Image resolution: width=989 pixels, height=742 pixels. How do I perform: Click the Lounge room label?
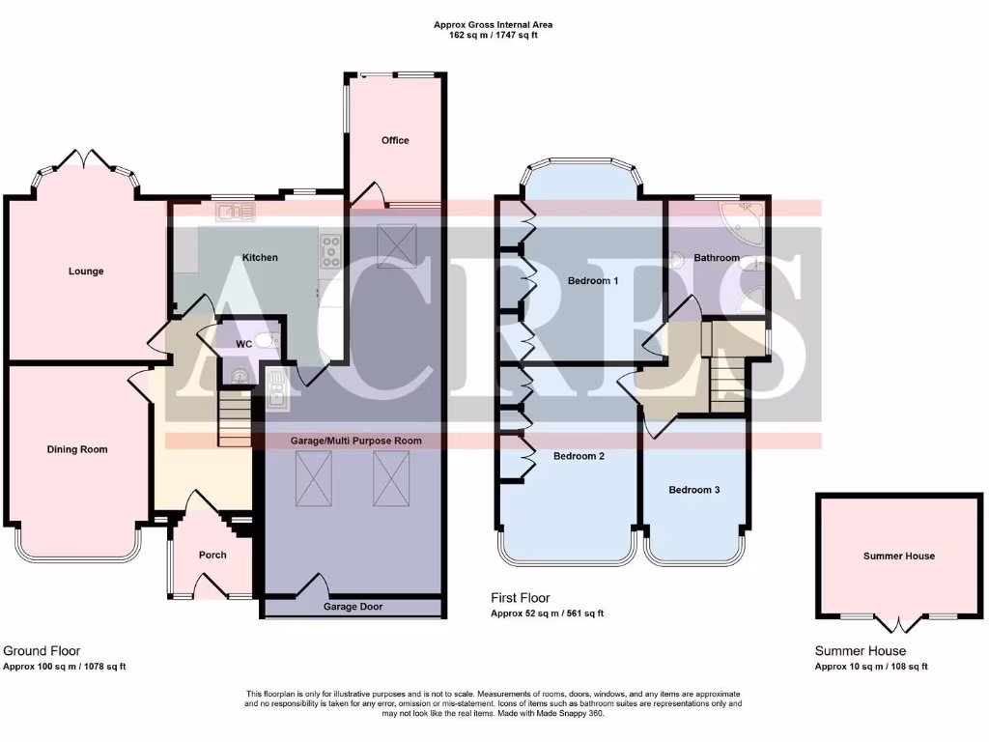coord(86,271)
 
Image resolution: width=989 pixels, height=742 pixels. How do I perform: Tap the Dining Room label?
coord(77,449)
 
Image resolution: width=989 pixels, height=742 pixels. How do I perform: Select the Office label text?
coord(395,140)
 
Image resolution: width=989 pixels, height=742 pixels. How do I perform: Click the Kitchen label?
coord(260,258)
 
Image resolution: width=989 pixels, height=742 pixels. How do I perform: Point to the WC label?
coord(244,343)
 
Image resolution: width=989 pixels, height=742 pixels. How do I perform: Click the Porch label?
coord(212,555)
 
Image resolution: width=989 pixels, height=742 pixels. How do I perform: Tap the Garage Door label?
coord(353,607)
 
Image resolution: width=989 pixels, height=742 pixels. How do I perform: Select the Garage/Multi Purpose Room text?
coord(356,441)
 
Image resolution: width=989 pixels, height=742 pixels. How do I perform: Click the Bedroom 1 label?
coord(592,281)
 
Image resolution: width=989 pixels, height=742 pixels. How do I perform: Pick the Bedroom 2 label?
coord(579,456)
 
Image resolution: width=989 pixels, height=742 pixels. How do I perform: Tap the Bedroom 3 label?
coord(694,490)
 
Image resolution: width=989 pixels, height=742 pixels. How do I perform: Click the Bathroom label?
coord(715,258)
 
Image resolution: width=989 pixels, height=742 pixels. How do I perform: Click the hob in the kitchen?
coord(330,251)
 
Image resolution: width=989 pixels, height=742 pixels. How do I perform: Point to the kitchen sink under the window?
coord(235,212)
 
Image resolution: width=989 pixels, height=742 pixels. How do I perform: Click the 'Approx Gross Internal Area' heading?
coord(494,25)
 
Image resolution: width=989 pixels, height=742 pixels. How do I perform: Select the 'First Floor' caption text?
coord(521,598)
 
